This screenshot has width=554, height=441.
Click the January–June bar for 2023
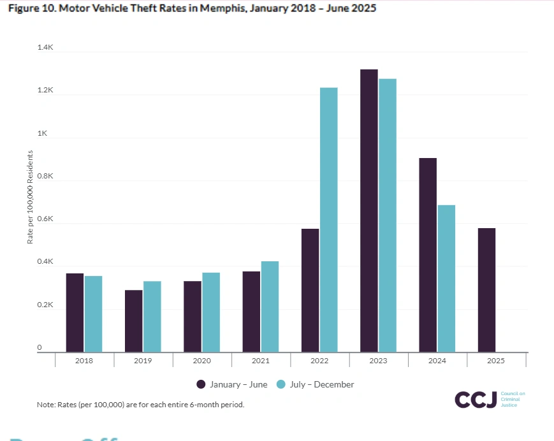[x=368, y=210]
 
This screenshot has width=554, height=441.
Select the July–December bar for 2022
[x=328, y=219]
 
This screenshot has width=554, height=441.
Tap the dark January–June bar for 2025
[x=486, y=290]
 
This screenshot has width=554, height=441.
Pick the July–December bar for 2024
[x=446, y=278]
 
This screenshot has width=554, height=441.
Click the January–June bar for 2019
[x=133, y=321]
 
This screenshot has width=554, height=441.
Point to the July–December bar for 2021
[x=270, y=307]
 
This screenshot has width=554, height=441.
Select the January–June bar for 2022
[x=310, y=290]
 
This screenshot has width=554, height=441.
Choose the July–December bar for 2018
[x=93, y=314]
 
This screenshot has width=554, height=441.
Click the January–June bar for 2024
[x=428, y=255]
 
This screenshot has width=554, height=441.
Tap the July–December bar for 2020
[x=211, y=312]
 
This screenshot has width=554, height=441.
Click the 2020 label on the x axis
[x=202, y=361]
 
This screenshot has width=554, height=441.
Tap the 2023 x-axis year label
[x=379, y=361]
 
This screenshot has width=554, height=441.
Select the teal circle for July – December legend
[x=281, y=384]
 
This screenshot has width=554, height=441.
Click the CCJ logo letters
[x=474, y=400]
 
